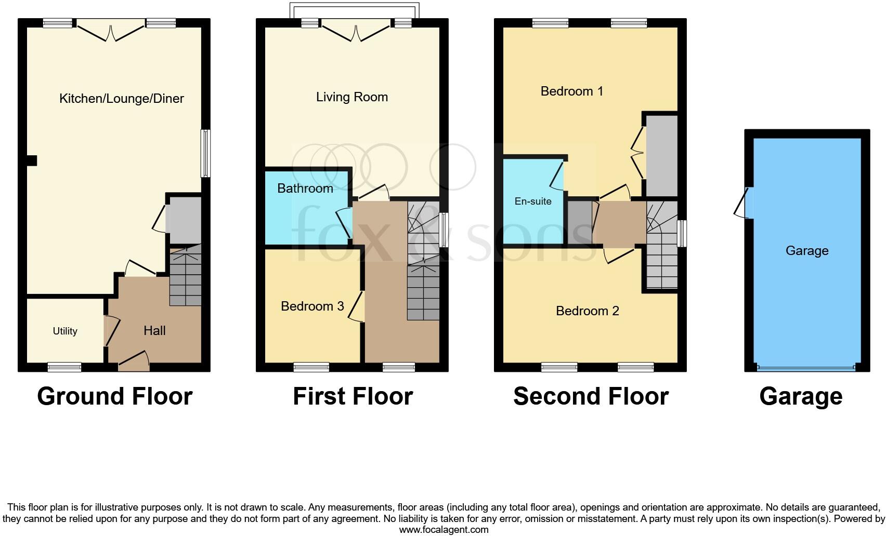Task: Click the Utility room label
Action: (x=65, y=331)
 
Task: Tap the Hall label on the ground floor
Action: (x=154, y=330)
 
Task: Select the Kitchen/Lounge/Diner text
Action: (x=122, y=99)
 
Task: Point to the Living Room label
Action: (x=352, y=97)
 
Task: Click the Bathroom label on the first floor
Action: (x=305, y=188)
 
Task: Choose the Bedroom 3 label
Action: (x=312, y=306)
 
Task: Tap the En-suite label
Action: (x=533, y=202)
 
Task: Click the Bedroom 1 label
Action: (x=572, y=91)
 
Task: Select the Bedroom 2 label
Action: (x=588, y=311)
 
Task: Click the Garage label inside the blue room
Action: (x=807, y=251)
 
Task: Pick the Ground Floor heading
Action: (x=115, y=396)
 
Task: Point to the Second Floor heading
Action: (x=591, y=396)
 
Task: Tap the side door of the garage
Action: (x=744, y=203)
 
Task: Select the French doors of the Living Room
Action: (x=356, y=31)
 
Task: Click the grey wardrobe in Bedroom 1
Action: (x=662, y=155)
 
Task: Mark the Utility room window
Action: (x=64, y=367)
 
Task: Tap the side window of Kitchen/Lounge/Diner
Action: (x=206, y=154)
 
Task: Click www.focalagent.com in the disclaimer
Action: (x=444, y=530)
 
